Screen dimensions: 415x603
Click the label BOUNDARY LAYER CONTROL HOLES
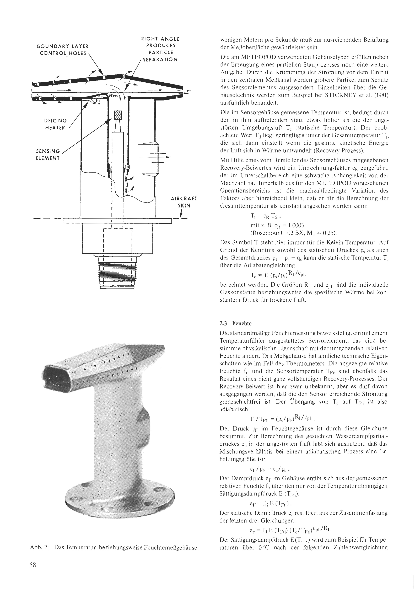click(x=63, y=50)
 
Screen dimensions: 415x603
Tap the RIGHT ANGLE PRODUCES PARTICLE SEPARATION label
click(x=160, y=49)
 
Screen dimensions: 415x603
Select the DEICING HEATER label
click(x=55, y=124)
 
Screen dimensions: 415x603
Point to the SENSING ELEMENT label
click(x=48, y=154)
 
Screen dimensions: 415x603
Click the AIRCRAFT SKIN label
click(x=184, y=202)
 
